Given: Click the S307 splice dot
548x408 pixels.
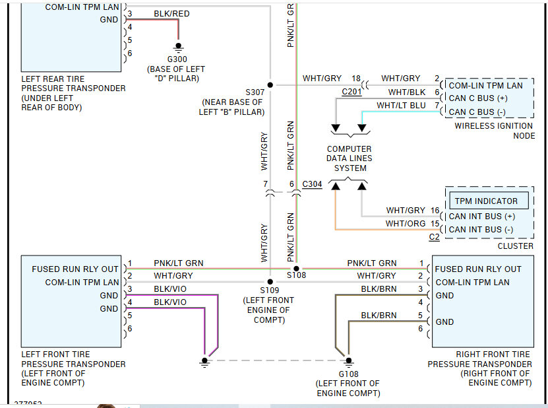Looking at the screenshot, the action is click(270, 85).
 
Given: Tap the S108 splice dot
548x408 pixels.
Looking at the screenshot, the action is click(296, 269).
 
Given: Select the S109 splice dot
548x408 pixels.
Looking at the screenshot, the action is click(270, 282).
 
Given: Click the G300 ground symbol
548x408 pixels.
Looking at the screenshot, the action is click(178, 48).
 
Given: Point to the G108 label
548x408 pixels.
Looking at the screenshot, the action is click(348, 374).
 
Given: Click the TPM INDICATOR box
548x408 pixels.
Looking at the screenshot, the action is click(489, 201).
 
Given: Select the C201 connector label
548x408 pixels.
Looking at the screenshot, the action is click(351, 92).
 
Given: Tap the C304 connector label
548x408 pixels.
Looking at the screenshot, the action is click(312, 184).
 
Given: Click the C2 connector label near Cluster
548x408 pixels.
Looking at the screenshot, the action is click(434, 237).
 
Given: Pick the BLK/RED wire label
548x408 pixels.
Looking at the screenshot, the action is click(171, 14).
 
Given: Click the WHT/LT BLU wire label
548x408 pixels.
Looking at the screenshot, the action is click(401, 106).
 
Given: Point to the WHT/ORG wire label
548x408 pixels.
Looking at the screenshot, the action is click(406, 224).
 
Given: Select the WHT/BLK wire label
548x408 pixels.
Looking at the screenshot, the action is click(407, 92).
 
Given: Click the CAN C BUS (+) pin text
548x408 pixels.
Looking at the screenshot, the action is click(478, 98).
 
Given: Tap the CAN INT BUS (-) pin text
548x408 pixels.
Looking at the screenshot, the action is click(481, 230).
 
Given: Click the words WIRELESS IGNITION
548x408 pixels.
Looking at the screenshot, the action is click(493, 126).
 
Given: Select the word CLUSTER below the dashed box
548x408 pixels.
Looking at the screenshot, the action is click(516, 246).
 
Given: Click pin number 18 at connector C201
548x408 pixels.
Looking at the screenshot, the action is click(356, 79).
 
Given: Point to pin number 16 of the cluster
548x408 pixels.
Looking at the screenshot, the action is click(435, 211).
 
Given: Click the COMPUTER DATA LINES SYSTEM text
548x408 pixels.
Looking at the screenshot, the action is click(349, 158).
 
